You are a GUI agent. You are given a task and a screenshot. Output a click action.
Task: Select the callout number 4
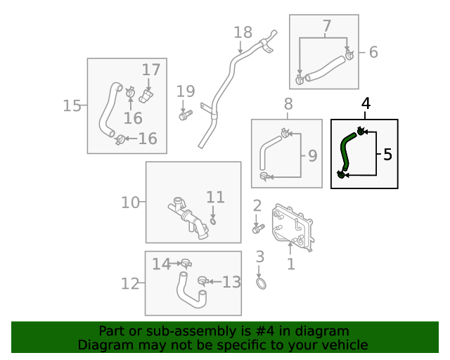[365, 104]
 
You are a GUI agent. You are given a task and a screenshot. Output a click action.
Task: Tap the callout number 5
[387, 154]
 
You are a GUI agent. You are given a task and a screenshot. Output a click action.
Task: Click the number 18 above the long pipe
[243, 32]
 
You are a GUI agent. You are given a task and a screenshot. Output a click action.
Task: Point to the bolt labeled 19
[184, 115]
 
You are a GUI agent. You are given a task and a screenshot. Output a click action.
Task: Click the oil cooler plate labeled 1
[294, 226]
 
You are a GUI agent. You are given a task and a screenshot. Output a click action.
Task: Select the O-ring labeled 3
[260, 283]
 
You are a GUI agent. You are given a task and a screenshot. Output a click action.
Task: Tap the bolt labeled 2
[257, 229]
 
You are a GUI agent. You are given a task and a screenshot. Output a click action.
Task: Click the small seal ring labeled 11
[214, 221]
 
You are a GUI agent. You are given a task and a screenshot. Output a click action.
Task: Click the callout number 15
[72, 105]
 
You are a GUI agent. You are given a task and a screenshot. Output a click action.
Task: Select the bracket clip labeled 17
[148, 95]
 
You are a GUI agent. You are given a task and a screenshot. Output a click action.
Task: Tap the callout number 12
[130, 283]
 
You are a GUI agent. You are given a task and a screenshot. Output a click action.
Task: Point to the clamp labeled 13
[202, 281]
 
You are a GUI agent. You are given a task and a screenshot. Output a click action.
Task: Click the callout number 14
[161, 264]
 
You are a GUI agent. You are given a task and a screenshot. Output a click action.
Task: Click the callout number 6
[373, 51]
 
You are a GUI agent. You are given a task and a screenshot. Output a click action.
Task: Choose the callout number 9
[313, 155]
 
